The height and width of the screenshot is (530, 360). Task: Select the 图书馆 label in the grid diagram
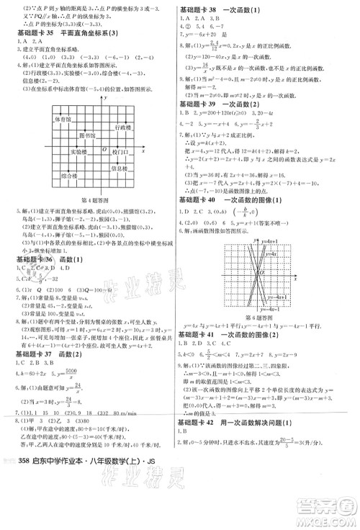coord(86,135)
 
